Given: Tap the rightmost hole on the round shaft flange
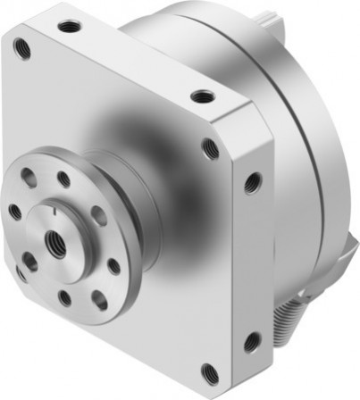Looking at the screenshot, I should pyautogui.click(x=114, y=265).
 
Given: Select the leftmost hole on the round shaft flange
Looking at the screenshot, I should pyautogui.click(x=14, y=212).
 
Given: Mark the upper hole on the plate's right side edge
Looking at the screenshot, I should pyautogui.click(x=253, y=183).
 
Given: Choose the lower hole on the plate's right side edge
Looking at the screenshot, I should pyautogui.click(x=254, y=341).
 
